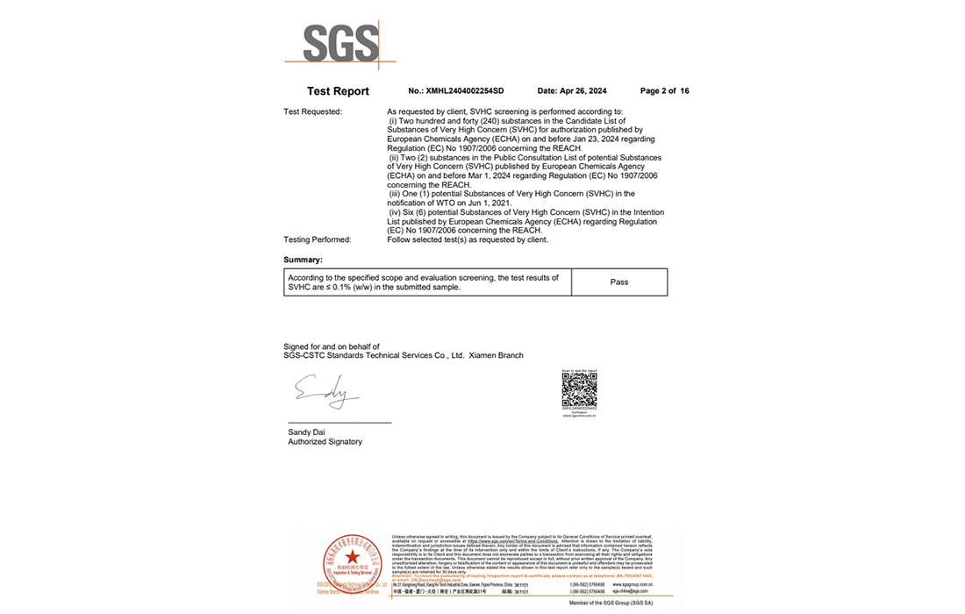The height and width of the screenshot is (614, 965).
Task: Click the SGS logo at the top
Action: coord(340,43)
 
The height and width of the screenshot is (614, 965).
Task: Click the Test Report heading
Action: coord(338,91)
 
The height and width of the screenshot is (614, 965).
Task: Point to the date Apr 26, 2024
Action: coord(571,91)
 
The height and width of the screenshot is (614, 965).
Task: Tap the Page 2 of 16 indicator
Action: coord(664,91)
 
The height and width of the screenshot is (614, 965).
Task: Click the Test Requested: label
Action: coord(312,112)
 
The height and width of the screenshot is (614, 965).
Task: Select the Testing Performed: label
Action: coord(317,239)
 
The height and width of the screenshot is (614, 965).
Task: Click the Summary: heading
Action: coord(303,260)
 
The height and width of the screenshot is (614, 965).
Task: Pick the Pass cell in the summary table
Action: coord(618,282)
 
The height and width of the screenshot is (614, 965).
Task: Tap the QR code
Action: coord(579,389)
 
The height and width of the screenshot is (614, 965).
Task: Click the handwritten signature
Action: coord(325,391)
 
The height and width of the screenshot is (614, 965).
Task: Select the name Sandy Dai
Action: coord(306,432)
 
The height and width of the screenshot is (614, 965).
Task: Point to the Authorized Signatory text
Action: coord(325,442)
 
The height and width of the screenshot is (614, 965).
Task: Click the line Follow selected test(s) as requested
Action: coord(467,239)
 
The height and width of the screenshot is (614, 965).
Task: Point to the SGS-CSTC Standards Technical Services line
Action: coord(403,355)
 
